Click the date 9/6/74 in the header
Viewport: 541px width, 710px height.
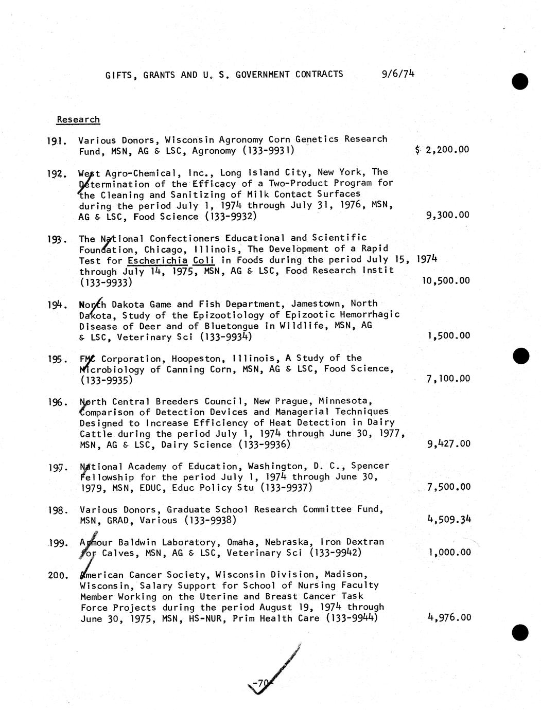398,74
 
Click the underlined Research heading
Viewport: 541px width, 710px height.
78,119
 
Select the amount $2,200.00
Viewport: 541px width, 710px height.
442,150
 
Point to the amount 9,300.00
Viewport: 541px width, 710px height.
448,215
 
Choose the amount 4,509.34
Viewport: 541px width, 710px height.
449,519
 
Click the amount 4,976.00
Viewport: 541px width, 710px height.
449,617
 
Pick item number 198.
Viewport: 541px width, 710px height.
58,510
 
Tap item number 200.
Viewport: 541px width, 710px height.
58,575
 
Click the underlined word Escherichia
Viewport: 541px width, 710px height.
153,260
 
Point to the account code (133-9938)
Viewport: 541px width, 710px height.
210,520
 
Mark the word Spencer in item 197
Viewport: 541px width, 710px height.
370,466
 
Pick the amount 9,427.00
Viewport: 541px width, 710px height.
448,443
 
